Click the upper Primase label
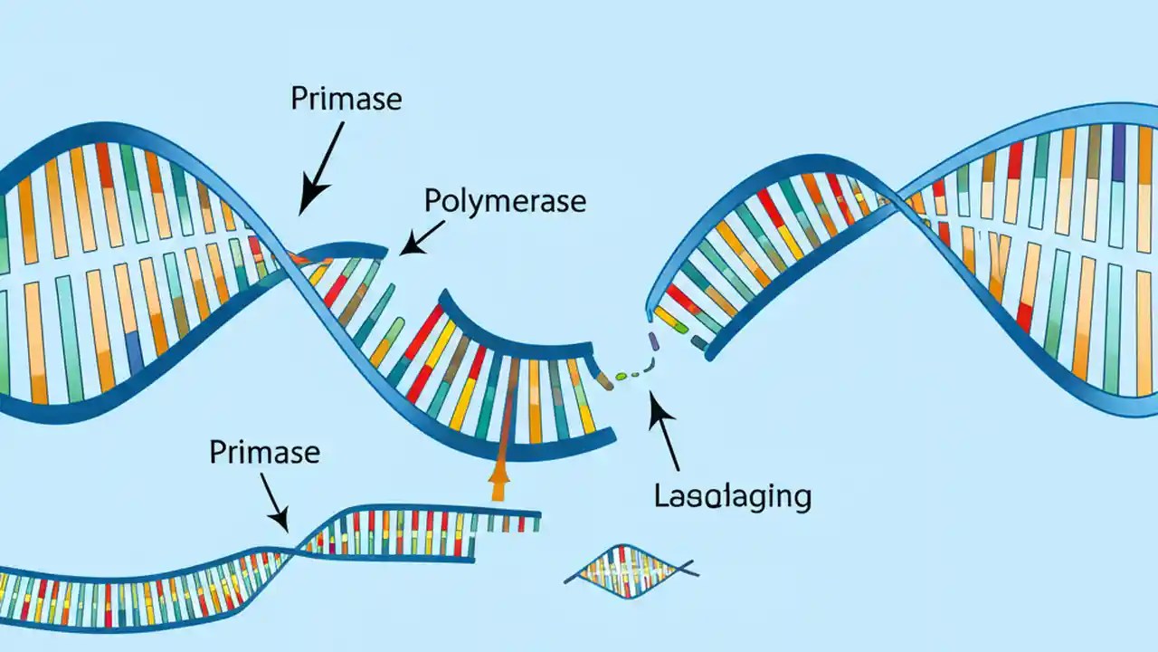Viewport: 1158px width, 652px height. tap(346, 99)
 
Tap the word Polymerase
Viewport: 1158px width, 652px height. tap(505, 201)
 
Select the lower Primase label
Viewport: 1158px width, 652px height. tap(264, 451)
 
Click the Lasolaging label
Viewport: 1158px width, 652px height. tap(731, 495)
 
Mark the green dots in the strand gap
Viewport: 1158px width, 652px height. tap(627, 373)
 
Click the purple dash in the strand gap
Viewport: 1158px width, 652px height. tap(652, 341)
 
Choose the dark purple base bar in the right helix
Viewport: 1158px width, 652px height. tap(1118, 151)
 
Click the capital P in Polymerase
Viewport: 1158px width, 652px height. tap(433, 202)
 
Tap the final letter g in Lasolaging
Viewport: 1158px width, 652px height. tap(799, 498)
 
